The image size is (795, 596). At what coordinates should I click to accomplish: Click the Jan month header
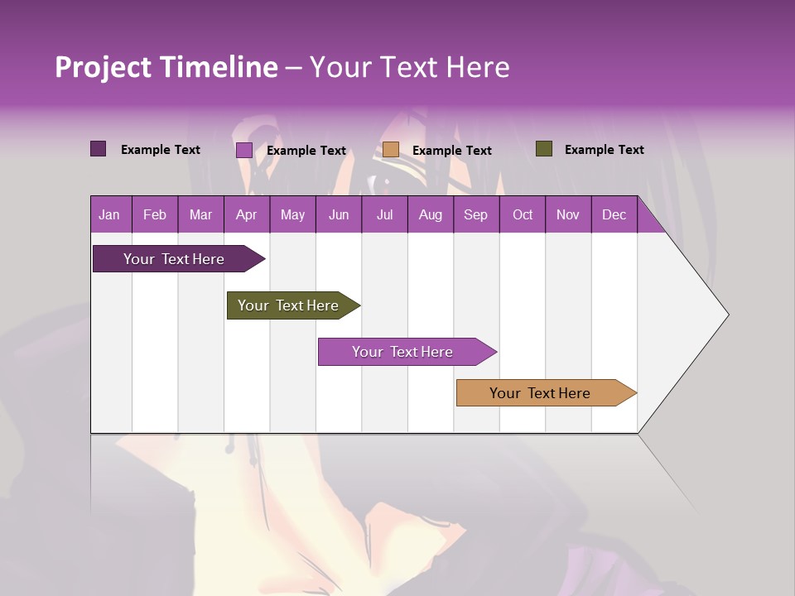click(110, 214)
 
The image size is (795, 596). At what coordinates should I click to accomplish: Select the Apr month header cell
click(247, 214)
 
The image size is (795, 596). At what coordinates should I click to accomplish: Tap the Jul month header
click(384, 214)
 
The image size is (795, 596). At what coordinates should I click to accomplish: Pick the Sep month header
click(476, 214)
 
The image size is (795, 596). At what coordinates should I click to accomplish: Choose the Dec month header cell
click(614, 214)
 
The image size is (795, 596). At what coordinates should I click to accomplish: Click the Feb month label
click(155, 214)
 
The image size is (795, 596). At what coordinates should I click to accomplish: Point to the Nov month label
click(568, 214)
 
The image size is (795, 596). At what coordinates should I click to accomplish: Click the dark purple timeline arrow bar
click(174, 259)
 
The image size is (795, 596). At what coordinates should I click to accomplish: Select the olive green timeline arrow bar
click(288, 305)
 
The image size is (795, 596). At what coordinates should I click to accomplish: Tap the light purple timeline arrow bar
click(402, 352)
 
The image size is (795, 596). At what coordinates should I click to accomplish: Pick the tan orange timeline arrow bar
click(540, 393)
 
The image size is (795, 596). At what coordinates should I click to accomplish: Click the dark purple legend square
click(99, 149)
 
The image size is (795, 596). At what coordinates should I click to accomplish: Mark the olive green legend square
click(544, 149)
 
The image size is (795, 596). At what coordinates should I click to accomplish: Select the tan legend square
click(391, 150)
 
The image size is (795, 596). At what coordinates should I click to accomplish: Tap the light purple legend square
click(244, 150)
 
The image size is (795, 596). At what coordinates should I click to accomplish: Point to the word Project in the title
click(103, 67)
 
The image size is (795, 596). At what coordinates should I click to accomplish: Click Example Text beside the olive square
click(604, 150)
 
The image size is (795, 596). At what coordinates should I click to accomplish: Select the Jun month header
click(339, 214)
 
